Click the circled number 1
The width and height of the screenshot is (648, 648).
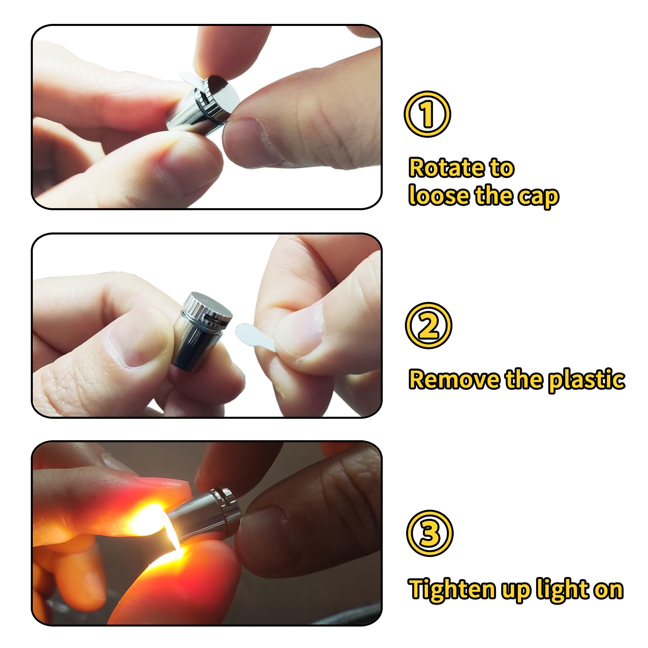click(427, 114)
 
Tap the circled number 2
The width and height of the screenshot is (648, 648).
click(428, 326)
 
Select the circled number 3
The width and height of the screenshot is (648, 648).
click(430, 533)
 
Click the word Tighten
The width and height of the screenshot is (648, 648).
click(452, 589)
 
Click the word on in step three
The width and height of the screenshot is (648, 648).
click(608, 590)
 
